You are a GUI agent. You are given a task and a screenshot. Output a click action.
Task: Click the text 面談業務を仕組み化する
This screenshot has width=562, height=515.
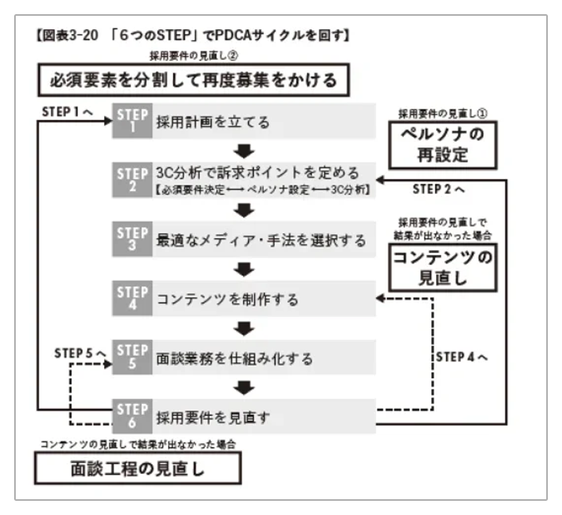(x=235, y=358)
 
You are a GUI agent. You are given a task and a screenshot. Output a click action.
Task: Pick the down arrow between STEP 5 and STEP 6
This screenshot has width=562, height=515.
(x=246, y=386)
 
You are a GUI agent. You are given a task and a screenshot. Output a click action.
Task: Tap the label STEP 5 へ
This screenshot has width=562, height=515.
(x=80, y=353)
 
